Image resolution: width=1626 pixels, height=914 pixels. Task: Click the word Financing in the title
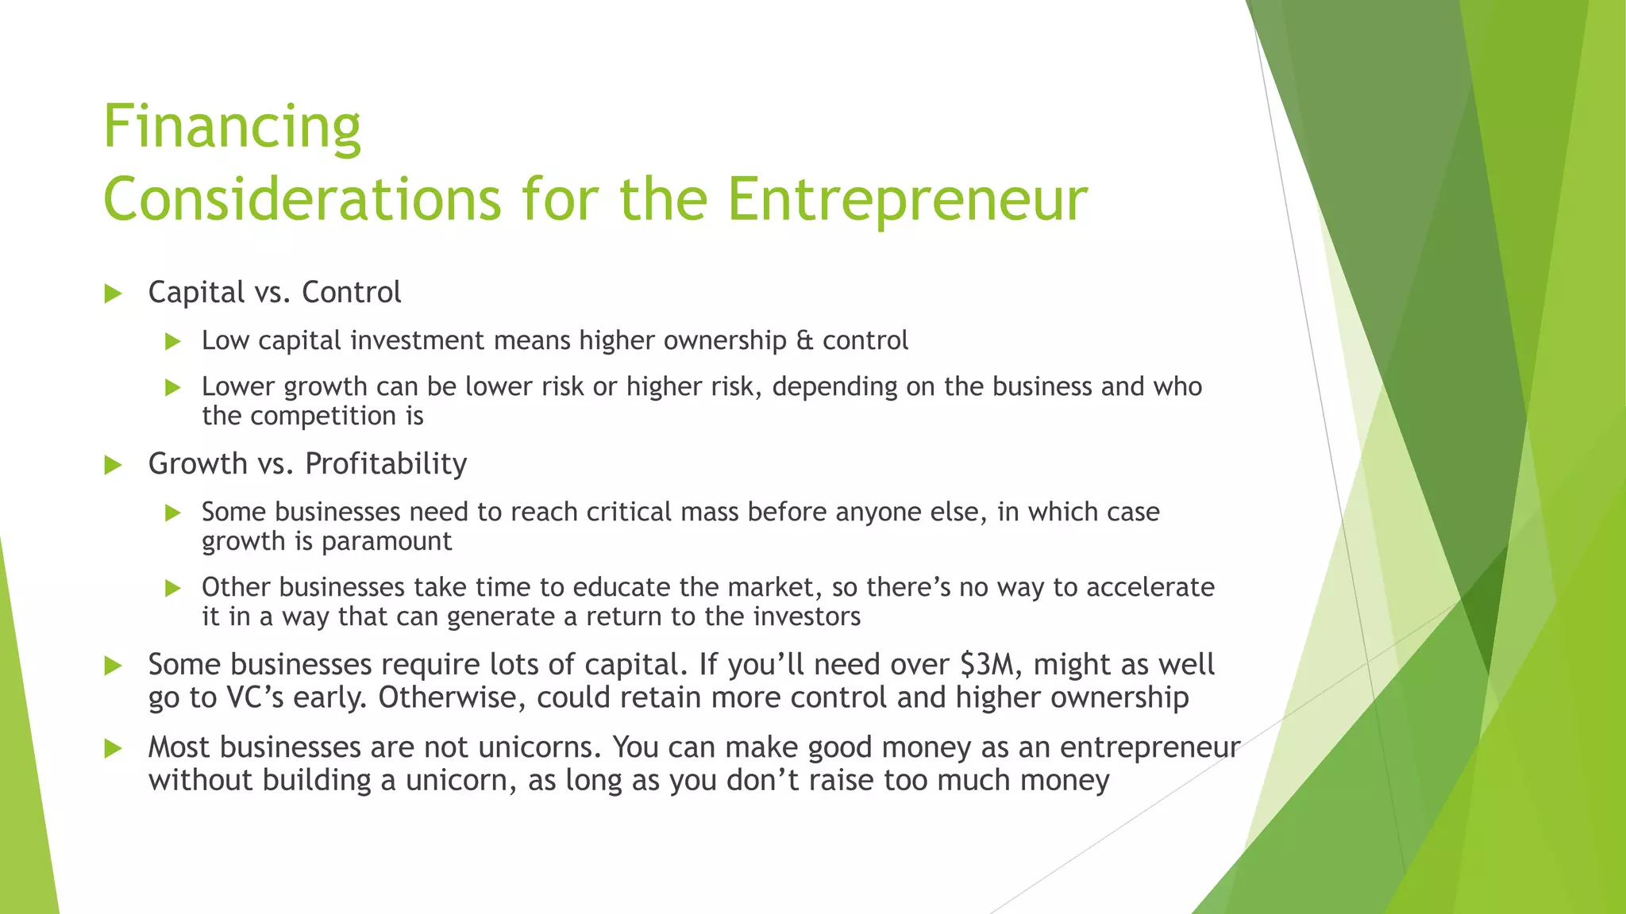pyautogui.click(x=232, y=127)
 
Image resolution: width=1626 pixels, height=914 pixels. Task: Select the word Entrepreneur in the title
pyautogui.click(x=907, y=199)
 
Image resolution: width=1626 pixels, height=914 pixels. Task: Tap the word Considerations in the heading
pyautogui.click(x=302, y=199)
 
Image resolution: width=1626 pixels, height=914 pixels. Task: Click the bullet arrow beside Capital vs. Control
pyautogui.click(x=113, y=294)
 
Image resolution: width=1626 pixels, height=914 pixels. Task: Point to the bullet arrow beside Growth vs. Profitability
pyautogui.click(x=113, y=465)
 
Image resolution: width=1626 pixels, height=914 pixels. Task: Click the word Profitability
pyautogui.click(x=386, y=464)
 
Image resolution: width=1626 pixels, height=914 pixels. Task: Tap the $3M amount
pyautogui.click(x=988, y=664)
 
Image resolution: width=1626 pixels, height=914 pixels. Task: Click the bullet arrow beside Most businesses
pyautogui.click(x=113, y=748)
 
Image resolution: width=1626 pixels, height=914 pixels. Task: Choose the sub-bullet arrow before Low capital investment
pyautogui.click(x=173, y=342)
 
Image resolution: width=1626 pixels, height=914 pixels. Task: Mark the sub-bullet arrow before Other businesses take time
pyautogui.click(x=173, y=588)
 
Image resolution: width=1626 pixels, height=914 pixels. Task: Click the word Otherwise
pyautogui.click(x=453, y=698)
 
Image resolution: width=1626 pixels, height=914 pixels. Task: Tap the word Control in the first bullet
pyautogui.click(x=352, y=293)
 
